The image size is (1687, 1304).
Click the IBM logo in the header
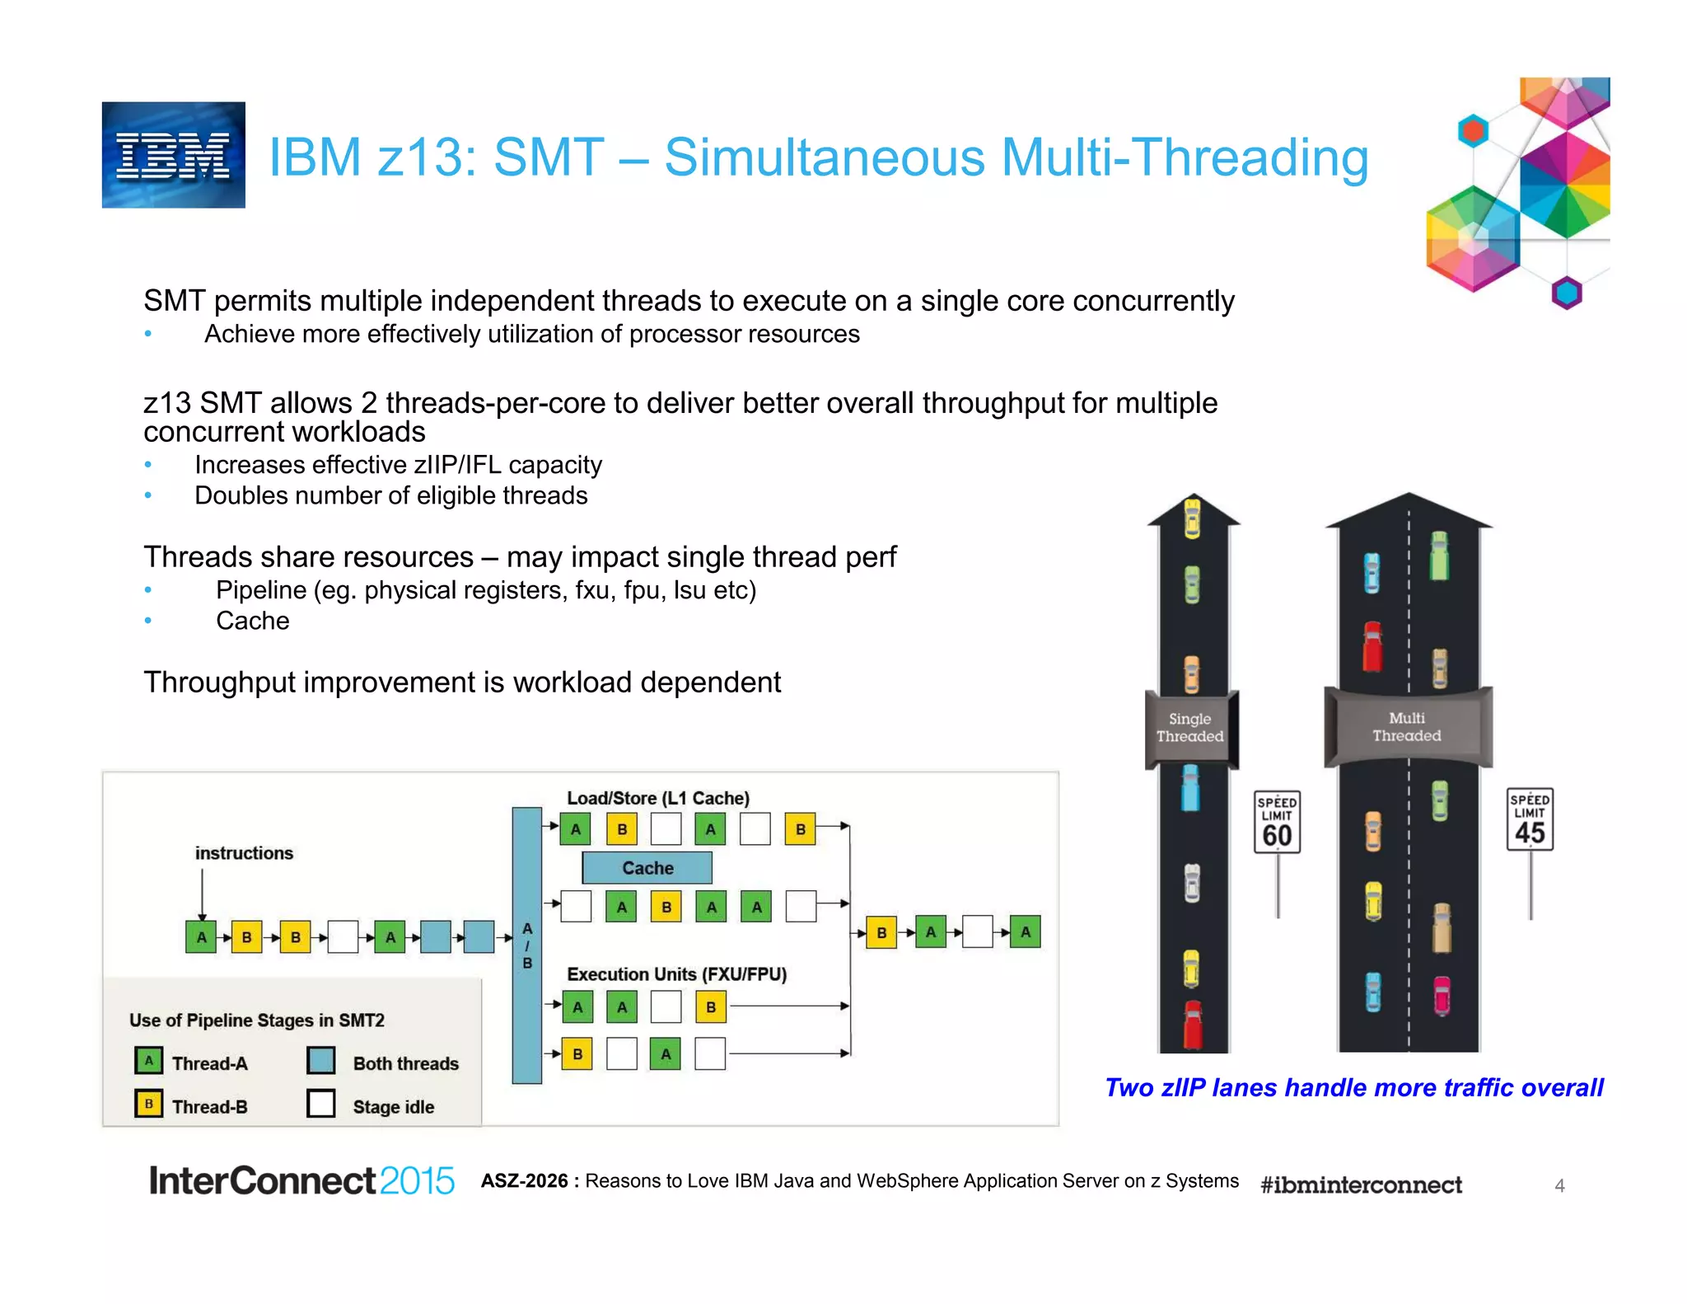tap(173, 155)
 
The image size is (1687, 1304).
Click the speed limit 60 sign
tap(1277, 823)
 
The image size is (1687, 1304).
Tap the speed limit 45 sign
tap(1530, 819)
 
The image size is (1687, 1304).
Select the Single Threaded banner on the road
tap(1190, 728)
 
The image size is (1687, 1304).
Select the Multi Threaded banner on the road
tap(1407, 727)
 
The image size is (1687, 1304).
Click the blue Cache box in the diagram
tap(647, 868)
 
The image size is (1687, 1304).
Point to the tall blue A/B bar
tap(526, 945)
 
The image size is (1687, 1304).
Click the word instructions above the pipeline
tap(244, 853)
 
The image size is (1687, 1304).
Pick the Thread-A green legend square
tap(148, 1061)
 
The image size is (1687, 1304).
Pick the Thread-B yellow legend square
tap(148, 1104)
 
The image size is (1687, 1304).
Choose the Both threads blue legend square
tap(321, 1061)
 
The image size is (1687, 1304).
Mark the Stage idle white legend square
tap(321, 1104)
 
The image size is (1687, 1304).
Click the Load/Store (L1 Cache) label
tap(658, 798)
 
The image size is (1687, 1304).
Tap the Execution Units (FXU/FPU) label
tap(676, 974)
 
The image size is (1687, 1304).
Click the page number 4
tap(1559, 1185)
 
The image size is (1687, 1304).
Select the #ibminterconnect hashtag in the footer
tap(1361, 1185)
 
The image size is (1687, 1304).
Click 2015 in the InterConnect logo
tap(417, 1181)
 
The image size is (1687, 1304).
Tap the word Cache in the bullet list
tap(252, 621)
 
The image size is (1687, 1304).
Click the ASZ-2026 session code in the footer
tap(525, 1181)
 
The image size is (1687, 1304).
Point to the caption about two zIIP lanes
tap(1353, 1088)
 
